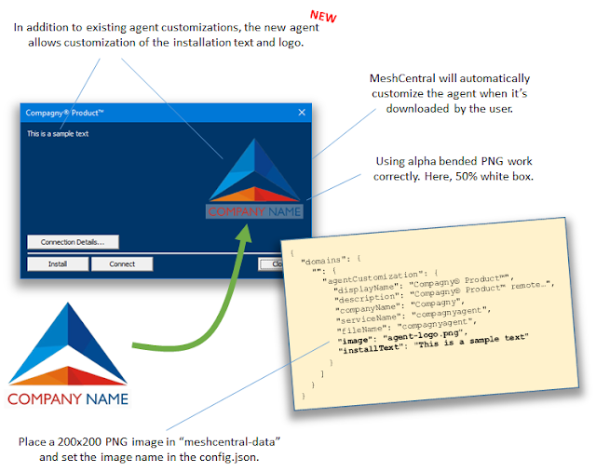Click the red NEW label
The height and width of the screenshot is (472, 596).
click(x=323, y=17)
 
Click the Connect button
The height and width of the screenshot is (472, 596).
click(x=122, y=263)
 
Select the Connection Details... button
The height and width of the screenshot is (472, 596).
click(x=73, y=242)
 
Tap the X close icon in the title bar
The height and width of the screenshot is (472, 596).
click(x=302, y=112)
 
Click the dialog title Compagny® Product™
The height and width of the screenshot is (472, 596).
click(x=64, y=113)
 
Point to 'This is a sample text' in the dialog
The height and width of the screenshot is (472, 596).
click(x=58, y=134)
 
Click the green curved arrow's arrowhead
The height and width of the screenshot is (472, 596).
click(x=245, y=233)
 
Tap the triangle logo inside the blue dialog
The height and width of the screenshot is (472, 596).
click(x=254, y=169)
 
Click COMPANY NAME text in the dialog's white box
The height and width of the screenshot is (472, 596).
click(x=254, y=211)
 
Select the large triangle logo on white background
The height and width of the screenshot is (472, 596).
click(x=68, y=344)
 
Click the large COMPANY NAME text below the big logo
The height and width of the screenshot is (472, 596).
click(x=68, y=399)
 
